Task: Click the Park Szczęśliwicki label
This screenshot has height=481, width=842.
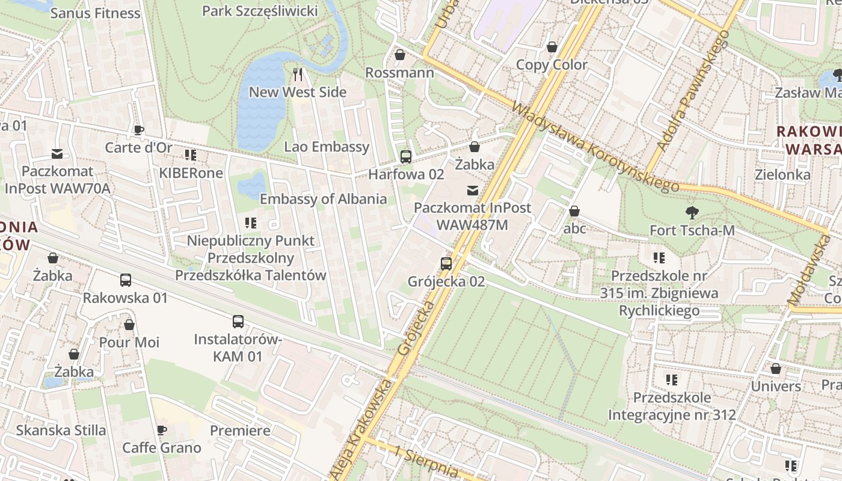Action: click(x=260, y=11)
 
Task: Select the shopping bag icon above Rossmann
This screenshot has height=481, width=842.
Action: click(x=399, y=55)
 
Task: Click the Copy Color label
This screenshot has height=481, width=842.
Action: click(x=552, y=65)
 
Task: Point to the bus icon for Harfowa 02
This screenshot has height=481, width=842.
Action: click(x=406, y=157)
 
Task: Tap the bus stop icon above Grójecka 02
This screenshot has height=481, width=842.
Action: click(x=446, y=263)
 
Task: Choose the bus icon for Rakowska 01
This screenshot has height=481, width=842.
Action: click(x=125, y=280)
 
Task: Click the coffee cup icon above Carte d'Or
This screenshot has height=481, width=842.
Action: click(x=138, y=130)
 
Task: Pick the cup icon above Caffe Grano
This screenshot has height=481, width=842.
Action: click(x=161, y=430)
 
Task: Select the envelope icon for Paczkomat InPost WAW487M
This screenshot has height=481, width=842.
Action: click(x=473, y=191)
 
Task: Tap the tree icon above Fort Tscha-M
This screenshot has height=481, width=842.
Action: click(x=692, y=212)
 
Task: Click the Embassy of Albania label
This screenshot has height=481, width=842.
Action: click(x=323, y=199)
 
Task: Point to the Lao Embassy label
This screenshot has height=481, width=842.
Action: click(x=327, y=147)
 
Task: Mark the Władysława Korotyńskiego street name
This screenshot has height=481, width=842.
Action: click(x=595, y=147)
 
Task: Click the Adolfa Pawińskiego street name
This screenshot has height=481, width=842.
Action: click(x=693, y=90)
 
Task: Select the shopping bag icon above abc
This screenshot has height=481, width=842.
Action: click(x=574, y=211)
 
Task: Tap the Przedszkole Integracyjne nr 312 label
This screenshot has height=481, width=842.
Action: click(x=672, y=406)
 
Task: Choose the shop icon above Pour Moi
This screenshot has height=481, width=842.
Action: click(x=129, y=325)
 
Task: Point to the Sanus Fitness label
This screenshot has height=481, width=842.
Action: click(x=95, y=13)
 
